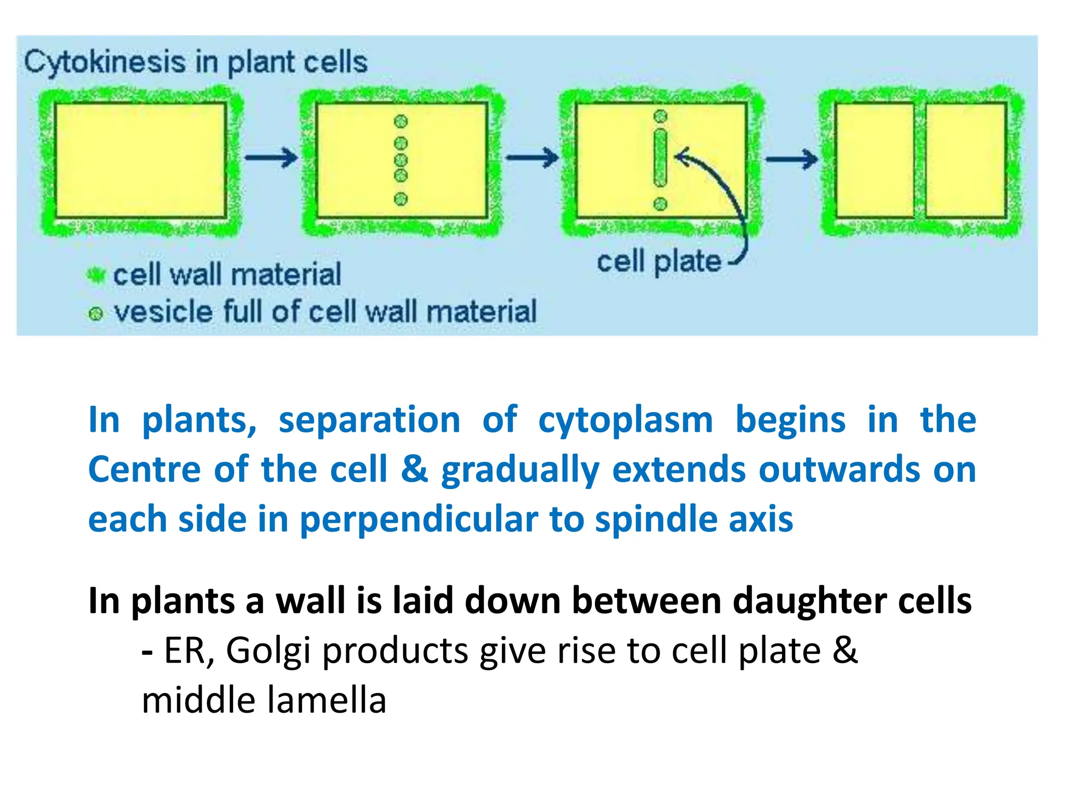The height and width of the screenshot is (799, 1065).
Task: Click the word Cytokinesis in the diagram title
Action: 104,62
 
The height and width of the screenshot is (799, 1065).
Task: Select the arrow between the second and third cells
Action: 532,157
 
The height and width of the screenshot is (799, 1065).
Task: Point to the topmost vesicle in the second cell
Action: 400,122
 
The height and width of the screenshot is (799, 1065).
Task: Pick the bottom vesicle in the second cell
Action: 400,199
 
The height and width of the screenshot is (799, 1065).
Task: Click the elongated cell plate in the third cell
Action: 660,157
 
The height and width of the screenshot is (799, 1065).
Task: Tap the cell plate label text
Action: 659,261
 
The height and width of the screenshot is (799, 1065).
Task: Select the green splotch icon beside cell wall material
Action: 96,275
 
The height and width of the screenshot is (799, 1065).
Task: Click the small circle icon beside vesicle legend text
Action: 96,314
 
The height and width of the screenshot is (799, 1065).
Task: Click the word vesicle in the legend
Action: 162,312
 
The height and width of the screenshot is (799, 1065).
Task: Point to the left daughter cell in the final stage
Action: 874,160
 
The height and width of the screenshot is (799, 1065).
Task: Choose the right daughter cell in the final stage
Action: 966,160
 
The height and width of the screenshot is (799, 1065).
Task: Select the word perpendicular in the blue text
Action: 419,519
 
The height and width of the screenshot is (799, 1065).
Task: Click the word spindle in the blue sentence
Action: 656,519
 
